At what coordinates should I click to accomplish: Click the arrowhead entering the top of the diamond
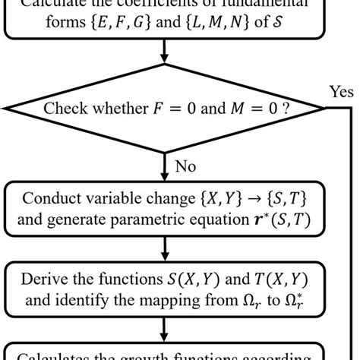164,71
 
